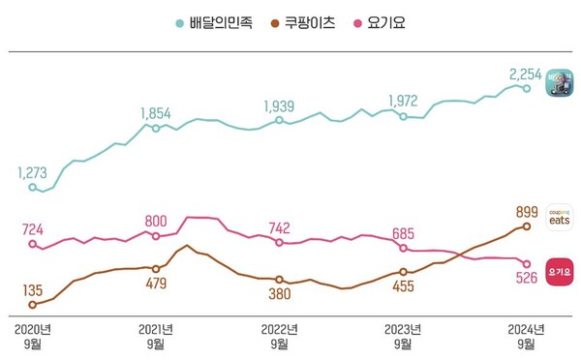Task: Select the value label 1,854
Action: click(x=155, y=113)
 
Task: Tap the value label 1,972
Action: click(x=403, y=100)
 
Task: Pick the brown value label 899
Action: click(x=527, y=210)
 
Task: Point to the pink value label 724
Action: click(x=32, y=229)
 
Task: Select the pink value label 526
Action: click(x=526, y=282)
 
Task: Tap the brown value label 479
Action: click(x=155, y=284)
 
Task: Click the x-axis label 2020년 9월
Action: click(x=32, y=337)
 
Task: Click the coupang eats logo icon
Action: click(x=560, y=216)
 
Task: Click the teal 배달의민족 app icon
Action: click(x=560, y=82)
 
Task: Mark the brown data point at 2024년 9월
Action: click(x=527, y=225)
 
